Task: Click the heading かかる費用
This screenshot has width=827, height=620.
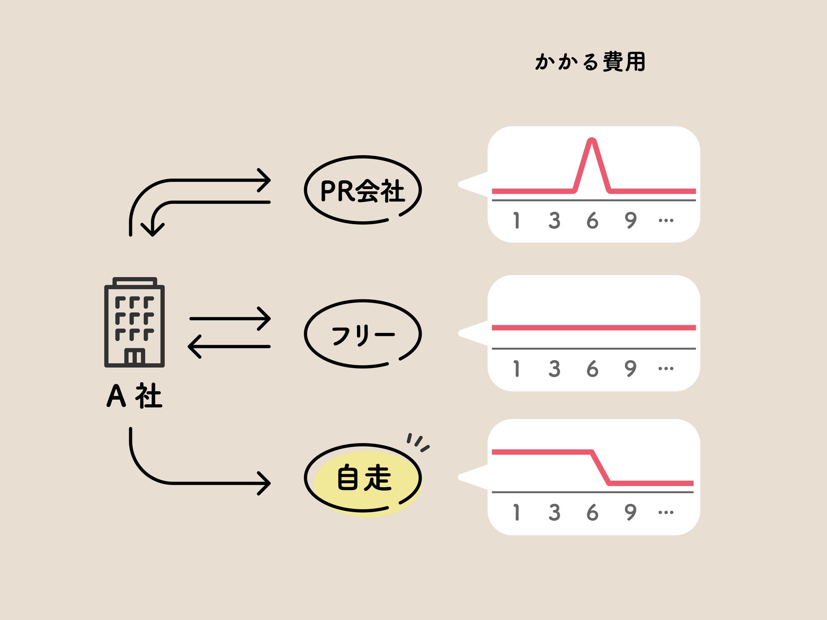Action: (x=590, y=62)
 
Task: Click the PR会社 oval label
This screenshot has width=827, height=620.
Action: (x=363, y=190)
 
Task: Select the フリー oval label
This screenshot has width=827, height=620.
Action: (x=363, y=334)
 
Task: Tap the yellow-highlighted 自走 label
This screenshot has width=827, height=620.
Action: (x=364, y=478)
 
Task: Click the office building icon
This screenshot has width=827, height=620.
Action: (x=134, y=322)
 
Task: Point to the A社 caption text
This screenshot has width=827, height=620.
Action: (x=134, y=396)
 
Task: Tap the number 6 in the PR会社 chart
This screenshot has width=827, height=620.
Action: (x=592, y=221)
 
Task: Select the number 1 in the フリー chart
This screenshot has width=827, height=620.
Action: (x=516, y=369)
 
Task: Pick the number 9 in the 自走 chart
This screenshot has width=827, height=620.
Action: (x=630, y=512)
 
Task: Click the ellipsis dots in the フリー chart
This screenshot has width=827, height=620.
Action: (x=666, y=368)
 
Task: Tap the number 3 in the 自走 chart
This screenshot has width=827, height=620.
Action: (x=554, y=512)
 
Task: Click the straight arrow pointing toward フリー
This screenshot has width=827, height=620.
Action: (x=230, y=318)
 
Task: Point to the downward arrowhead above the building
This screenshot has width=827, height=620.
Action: (x=153, y=228)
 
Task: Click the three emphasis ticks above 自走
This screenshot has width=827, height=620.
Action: (x=417, y=442)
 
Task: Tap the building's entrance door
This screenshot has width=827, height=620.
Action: (x=135, y=357)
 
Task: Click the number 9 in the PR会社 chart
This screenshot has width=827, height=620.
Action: (x=630, y=221)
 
